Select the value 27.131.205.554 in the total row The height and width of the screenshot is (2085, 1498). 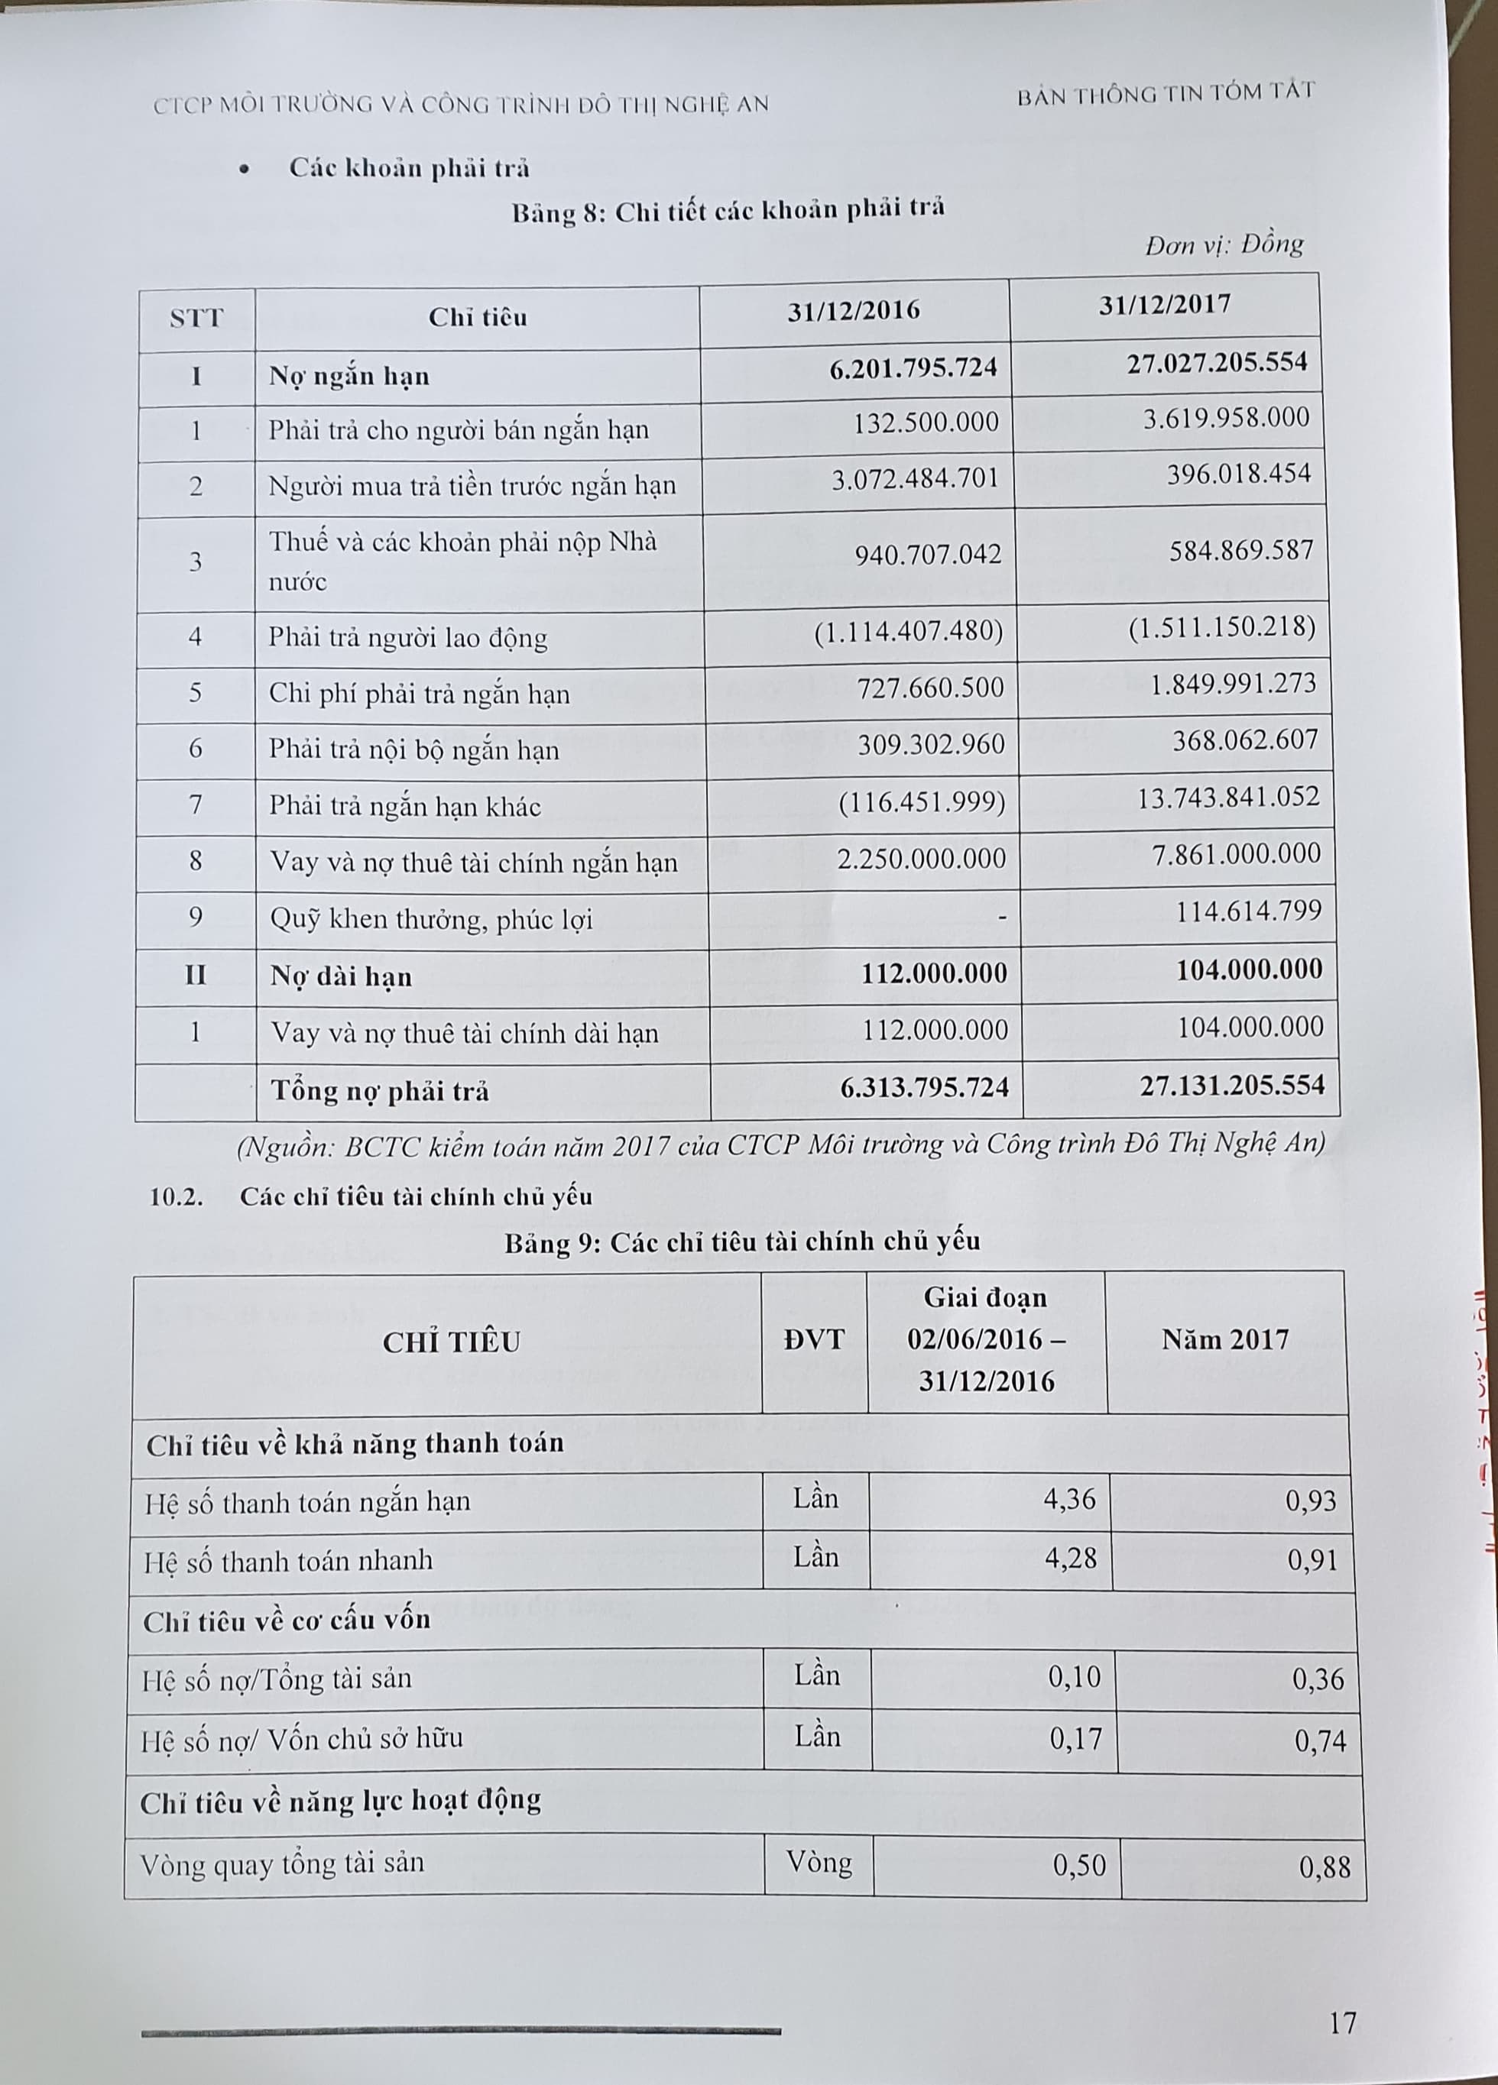point(1231,1086)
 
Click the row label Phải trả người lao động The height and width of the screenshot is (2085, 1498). point(407,638)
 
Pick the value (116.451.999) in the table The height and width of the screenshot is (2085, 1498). point(922,804)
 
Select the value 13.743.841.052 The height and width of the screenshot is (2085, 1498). point(1227,796)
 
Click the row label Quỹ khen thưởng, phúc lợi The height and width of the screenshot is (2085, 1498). point(431,919)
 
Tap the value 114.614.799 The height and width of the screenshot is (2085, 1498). point(1249,911)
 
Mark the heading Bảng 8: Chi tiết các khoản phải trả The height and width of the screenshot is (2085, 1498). point(728,211)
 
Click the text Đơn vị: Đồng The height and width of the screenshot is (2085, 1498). point(1224,245)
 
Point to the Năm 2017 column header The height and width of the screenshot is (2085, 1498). point(1226,1339)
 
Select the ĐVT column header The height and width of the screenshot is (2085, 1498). point(814,1339)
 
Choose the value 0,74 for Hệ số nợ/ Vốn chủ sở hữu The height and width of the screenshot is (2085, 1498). point(1320,1740)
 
